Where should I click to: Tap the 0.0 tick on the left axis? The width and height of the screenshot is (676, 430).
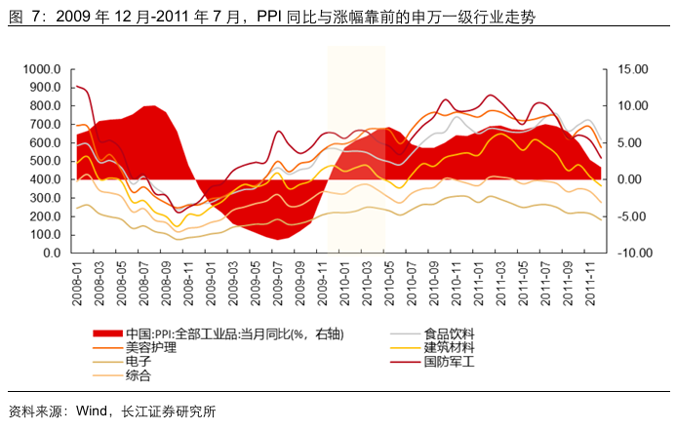[55, 254]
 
